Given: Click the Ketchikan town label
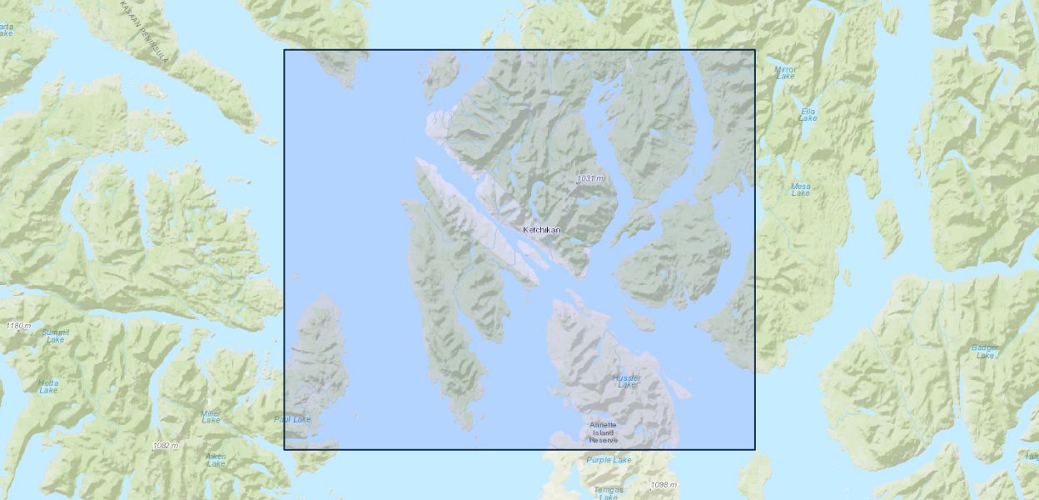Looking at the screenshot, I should [x=541, y=230].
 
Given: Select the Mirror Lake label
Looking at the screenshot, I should [x=785, y=72].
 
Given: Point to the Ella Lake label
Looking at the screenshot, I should [x=808, y=115].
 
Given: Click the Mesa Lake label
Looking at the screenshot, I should [x=800, y=189].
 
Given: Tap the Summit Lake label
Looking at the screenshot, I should [x=56, y=335].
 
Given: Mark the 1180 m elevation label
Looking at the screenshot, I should [x=17, y=325].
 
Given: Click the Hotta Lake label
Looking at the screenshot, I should [x=48, y=386].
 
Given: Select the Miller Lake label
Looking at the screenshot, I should [x=211, y=417].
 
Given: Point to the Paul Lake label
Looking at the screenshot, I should [x=292, y=419].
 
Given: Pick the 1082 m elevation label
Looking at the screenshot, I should [x=166, y=446].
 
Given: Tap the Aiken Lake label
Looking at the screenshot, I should [x=216, y=460].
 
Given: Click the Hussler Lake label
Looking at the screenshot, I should [x=627, y=381].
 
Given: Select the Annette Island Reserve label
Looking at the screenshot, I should [x=604, y=432].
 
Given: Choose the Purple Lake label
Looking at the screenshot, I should [x=609, y=460].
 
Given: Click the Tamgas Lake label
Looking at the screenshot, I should [x=609, y=492].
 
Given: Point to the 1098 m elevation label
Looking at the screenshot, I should [x=664, y=485].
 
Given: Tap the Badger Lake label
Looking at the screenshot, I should [x=985, y=351].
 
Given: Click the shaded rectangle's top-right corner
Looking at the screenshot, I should [x=755, y=50].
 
